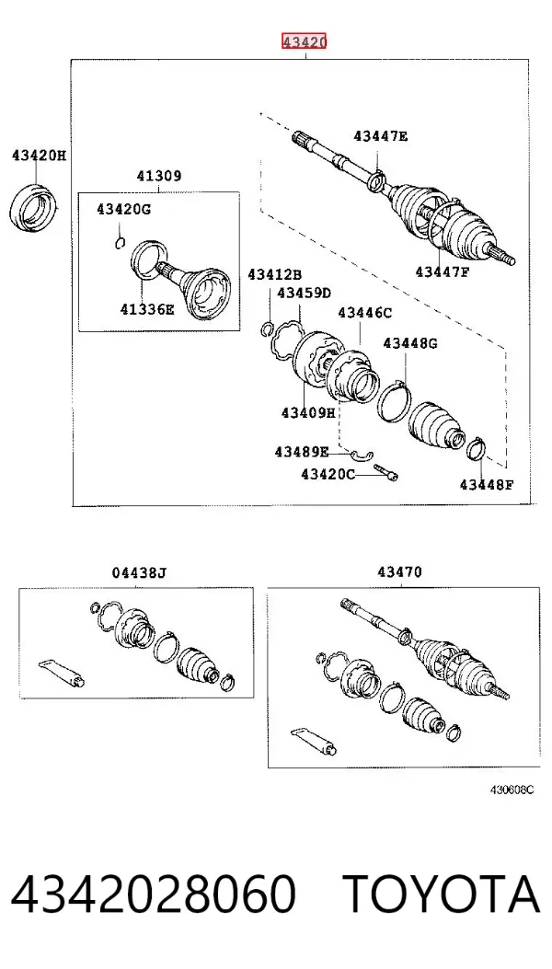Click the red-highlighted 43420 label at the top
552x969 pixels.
[304, 41]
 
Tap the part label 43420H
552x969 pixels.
[39, 156]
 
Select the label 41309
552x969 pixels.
[159, 176]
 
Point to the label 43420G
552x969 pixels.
[123, 210]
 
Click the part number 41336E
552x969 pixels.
[147, 309]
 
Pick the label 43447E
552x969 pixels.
[380, 136]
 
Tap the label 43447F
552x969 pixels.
[443, 271]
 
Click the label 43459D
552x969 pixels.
[304, 293]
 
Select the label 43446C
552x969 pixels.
[364, 313]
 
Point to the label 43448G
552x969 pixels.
[409, 343]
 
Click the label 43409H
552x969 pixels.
[308, 412]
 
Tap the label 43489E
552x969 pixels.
[302, 453]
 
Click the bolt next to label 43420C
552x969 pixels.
[385, 472]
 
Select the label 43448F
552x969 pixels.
[486, 484]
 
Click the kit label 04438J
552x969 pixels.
[139, 573]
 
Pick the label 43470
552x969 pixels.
[399, 572]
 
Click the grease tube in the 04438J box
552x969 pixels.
[62, 673]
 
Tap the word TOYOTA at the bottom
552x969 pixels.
[442, 894]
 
